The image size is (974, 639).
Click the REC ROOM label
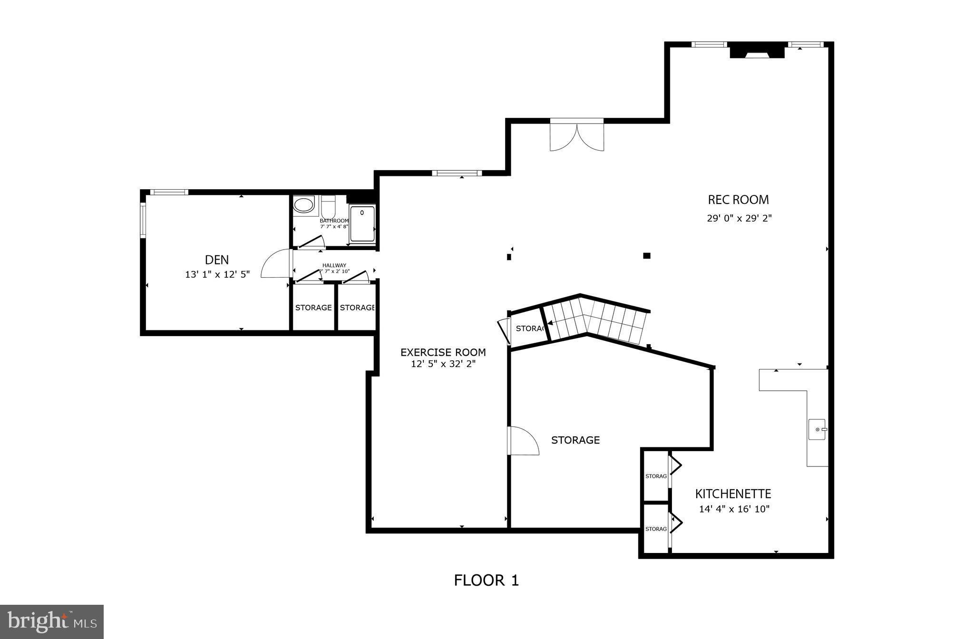738,200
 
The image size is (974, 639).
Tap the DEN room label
217,260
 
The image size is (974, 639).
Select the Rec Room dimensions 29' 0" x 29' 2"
739,219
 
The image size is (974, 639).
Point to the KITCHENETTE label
733,494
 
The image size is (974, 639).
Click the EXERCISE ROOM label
443,352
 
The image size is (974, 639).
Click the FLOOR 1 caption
486,580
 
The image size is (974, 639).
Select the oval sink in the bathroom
303,205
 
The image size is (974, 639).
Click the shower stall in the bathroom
362,223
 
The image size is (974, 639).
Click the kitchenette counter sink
817,429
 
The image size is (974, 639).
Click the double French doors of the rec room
577,136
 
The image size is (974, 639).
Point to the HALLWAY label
334,265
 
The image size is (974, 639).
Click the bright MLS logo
52,621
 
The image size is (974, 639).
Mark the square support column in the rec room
646,256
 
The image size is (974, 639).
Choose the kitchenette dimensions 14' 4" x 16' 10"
734,509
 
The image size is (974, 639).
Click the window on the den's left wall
143,220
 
